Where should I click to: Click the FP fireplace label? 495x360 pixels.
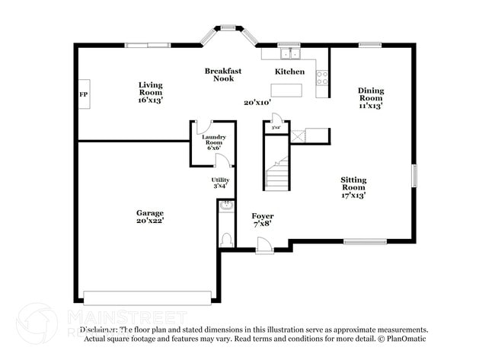84,95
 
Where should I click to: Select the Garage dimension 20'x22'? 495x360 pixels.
150,221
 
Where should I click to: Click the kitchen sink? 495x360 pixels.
289,53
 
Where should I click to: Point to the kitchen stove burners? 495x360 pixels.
322,77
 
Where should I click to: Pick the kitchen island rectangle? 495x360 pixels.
286,89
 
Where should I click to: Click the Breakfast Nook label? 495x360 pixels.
223,75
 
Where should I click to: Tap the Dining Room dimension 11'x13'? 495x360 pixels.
371,106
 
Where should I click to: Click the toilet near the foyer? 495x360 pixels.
225,239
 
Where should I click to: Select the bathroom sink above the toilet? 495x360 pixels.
225,205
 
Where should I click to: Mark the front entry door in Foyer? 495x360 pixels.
263,244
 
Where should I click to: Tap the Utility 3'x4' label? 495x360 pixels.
219,183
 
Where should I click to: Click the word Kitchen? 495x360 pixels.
289,72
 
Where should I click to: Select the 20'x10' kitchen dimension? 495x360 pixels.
257,102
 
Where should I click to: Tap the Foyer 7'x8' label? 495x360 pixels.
263,220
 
